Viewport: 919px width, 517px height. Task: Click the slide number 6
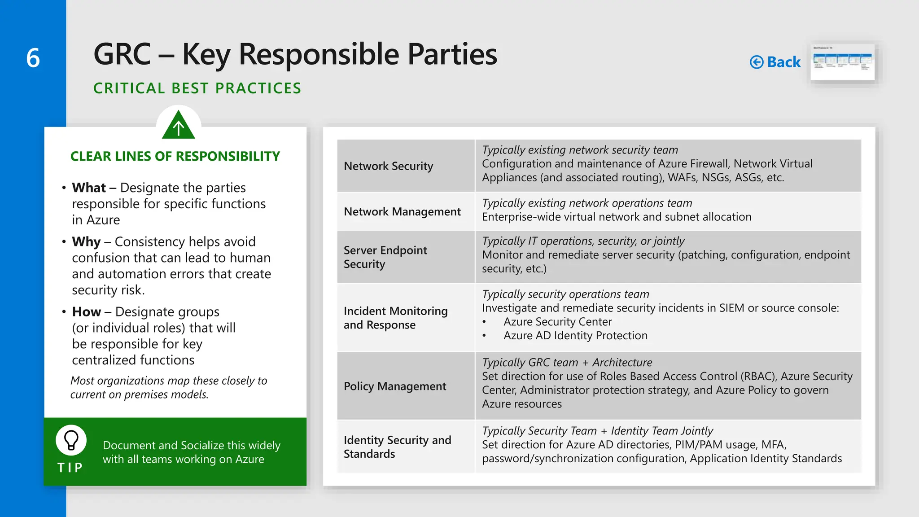(33, 58)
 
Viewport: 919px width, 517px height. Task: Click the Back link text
(783, 62)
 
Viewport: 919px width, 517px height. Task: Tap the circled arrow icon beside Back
(757, 62)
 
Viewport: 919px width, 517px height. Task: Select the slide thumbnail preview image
(842, 62)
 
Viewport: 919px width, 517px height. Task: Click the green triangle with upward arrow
(179, 126)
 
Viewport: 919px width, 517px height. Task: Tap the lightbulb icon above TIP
(71, 440)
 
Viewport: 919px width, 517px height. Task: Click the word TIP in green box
(70, 468)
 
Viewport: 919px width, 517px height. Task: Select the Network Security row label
(388, 166)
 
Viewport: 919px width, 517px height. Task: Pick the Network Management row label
(402, 211)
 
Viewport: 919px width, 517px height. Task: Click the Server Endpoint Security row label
(385, 257)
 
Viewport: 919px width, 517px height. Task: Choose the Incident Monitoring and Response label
(395, 318)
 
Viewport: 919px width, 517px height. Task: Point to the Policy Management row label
(395, 386)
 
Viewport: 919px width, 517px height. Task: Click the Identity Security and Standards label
(397, 447)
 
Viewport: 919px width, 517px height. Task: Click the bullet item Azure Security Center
(557, 322)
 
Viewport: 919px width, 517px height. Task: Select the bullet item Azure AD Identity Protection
(575, 336)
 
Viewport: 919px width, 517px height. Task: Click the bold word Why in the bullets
(86, 242)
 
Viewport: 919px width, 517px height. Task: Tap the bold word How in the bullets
(86, 312)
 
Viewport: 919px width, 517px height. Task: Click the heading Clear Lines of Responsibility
(175, 156)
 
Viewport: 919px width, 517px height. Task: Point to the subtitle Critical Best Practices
(197, 88)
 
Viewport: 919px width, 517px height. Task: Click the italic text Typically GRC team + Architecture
(567, 363)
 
